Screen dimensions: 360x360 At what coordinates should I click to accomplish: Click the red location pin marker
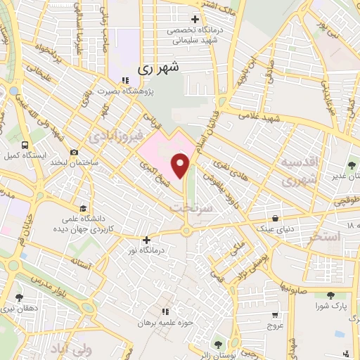(182, 166)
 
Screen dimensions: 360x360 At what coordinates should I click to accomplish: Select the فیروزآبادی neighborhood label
(116, 134)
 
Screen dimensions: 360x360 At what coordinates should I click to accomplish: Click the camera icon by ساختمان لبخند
(75, 152)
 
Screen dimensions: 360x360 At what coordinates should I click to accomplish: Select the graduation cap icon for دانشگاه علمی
(83, 208)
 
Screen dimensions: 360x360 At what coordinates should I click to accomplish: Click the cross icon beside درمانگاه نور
(146, 240)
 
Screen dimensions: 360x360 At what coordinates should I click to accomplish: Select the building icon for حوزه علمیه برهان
(165, 311)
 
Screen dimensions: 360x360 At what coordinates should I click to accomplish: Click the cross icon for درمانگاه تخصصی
(195, 19)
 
